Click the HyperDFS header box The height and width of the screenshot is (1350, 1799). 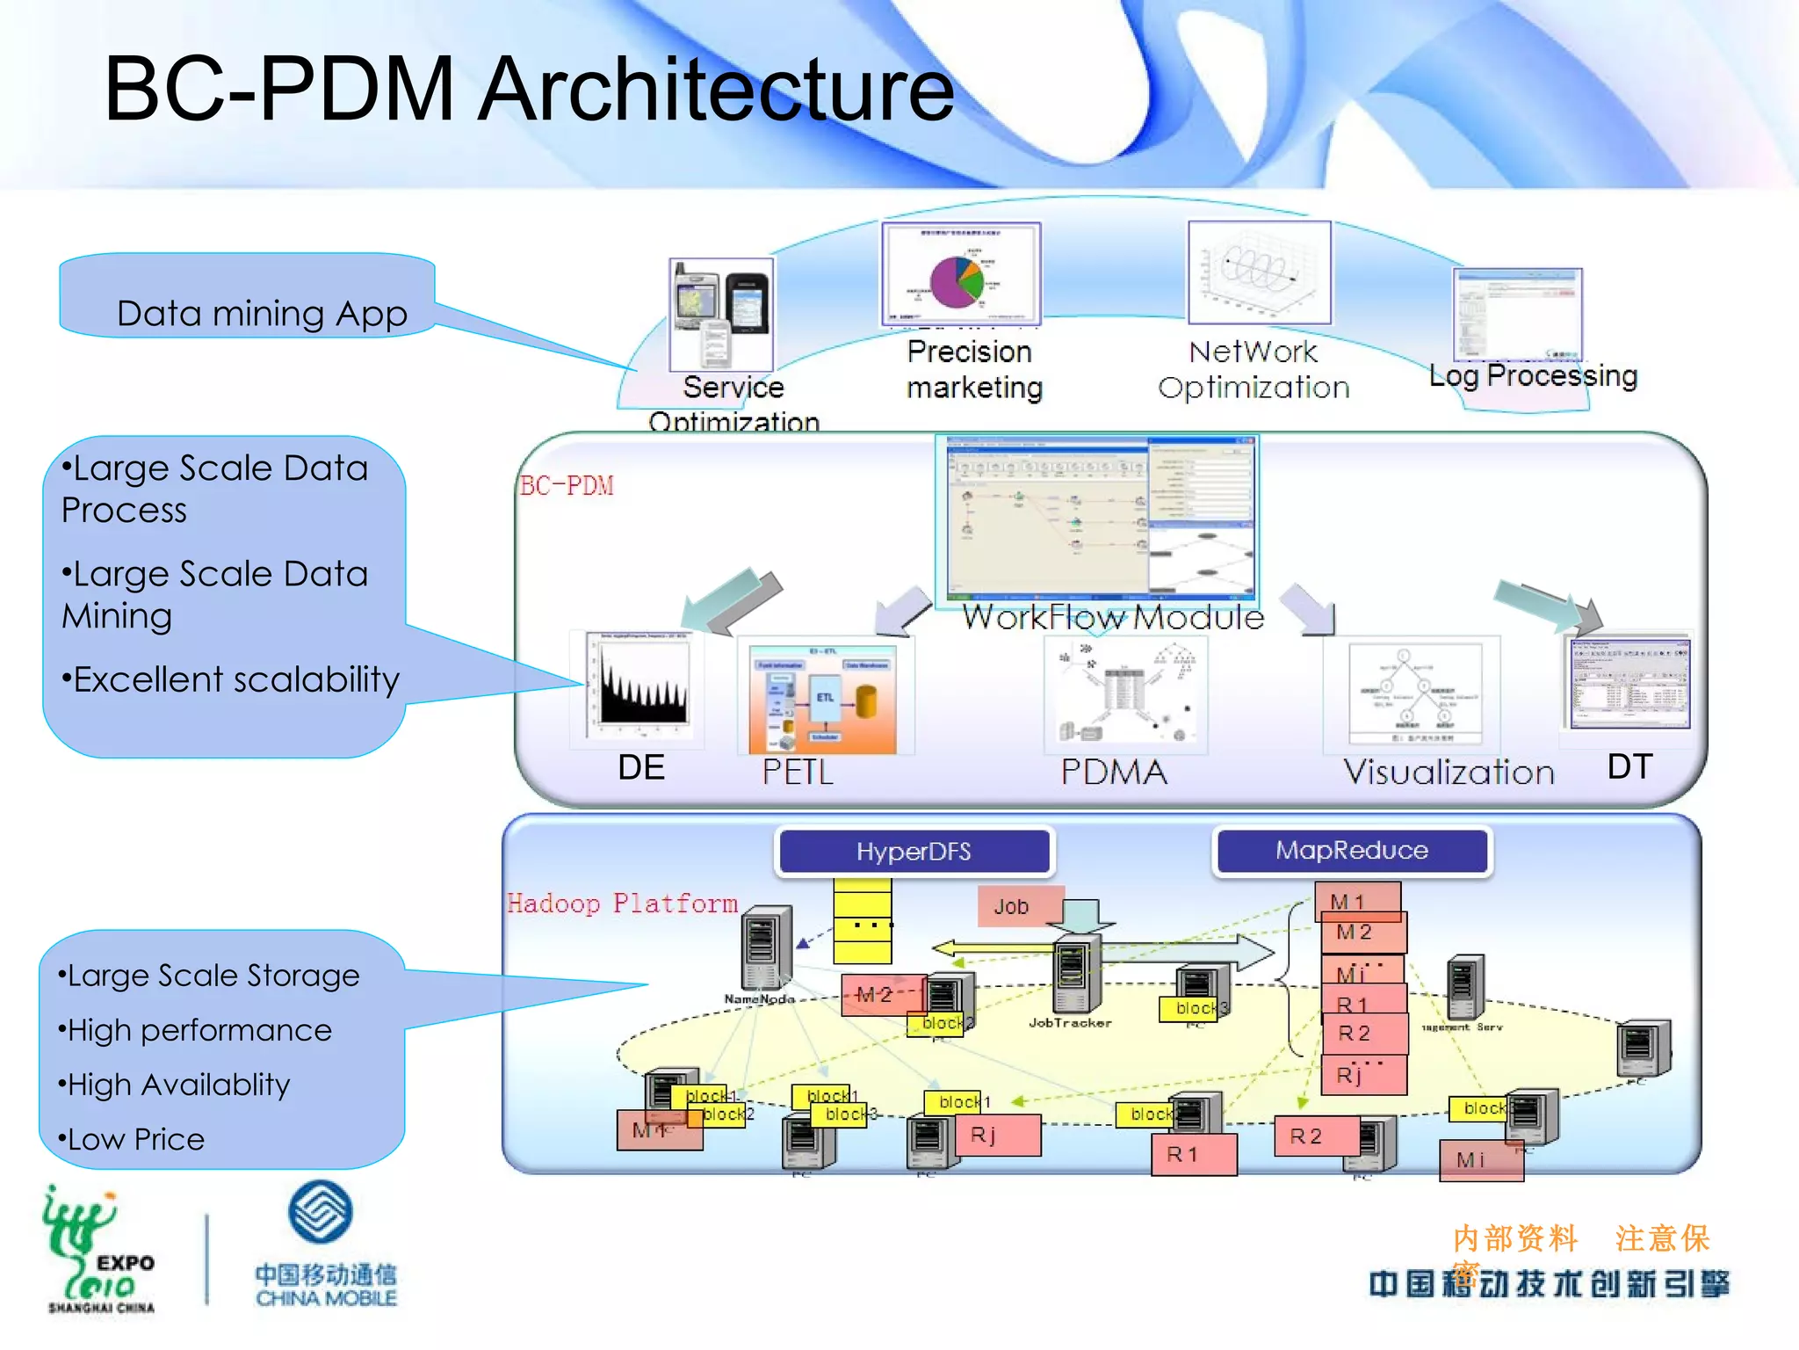[x=914, y=851]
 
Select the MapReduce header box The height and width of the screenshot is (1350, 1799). [x=1351, y=850]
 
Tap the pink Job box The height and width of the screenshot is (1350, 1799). [x=1012, y=906]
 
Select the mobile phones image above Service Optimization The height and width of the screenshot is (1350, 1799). [x=721, y=315]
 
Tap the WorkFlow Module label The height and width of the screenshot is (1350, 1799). [x=1113, y=617]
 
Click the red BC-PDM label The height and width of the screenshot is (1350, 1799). [x=567, y=485]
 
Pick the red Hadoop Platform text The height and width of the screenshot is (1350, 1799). [x=622, y=904]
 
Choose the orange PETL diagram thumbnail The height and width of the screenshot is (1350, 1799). [x=822, y=700]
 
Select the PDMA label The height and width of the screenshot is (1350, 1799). [x=1114, y=772]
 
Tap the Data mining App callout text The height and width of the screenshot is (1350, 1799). [x=262, y=314]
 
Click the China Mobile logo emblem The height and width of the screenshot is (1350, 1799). [x=321, y=1212]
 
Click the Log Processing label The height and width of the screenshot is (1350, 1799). [x=1533, y=375]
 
